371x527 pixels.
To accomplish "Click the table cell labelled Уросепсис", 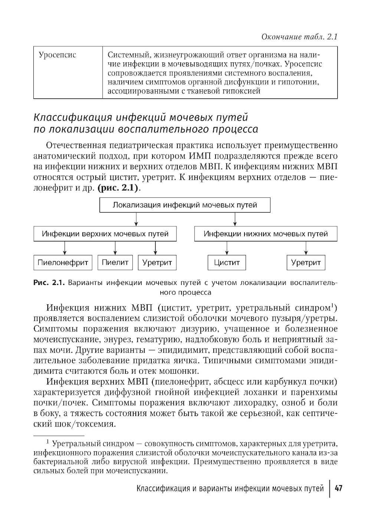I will (x=58, y=55).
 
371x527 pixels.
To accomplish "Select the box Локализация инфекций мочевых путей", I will (x=185, y=205).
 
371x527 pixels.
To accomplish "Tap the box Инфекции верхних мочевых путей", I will (x=105, y=234).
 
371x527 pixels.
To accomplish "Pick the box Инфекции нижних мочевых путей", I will (x=266, y=234).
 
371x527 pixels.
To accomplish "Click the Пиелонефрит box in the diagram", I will (x=63, y=263).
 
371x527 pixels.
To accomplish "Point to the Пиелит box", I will (x=115, y=262).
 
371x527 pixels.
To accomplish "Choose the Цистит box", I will (x=227, y=263).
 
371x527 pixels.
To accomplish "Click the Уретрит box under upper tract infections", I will (x=157, y=263).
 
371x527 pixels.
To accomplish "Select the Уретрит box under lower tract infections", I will (x=306, y=263).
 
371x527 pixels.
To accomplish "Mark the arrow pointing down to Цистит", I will (x=227, y=248).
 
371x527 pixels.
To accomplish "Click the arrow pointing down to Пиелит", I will (x=115, y=248).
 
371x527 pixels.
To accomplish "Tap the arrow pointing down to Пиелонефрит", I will (x=65, y=248).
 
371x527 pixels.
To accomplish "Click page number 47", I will (x=338, y=488).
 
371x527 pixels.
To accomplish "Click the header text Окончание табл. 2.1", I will (x=299, y=36).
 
